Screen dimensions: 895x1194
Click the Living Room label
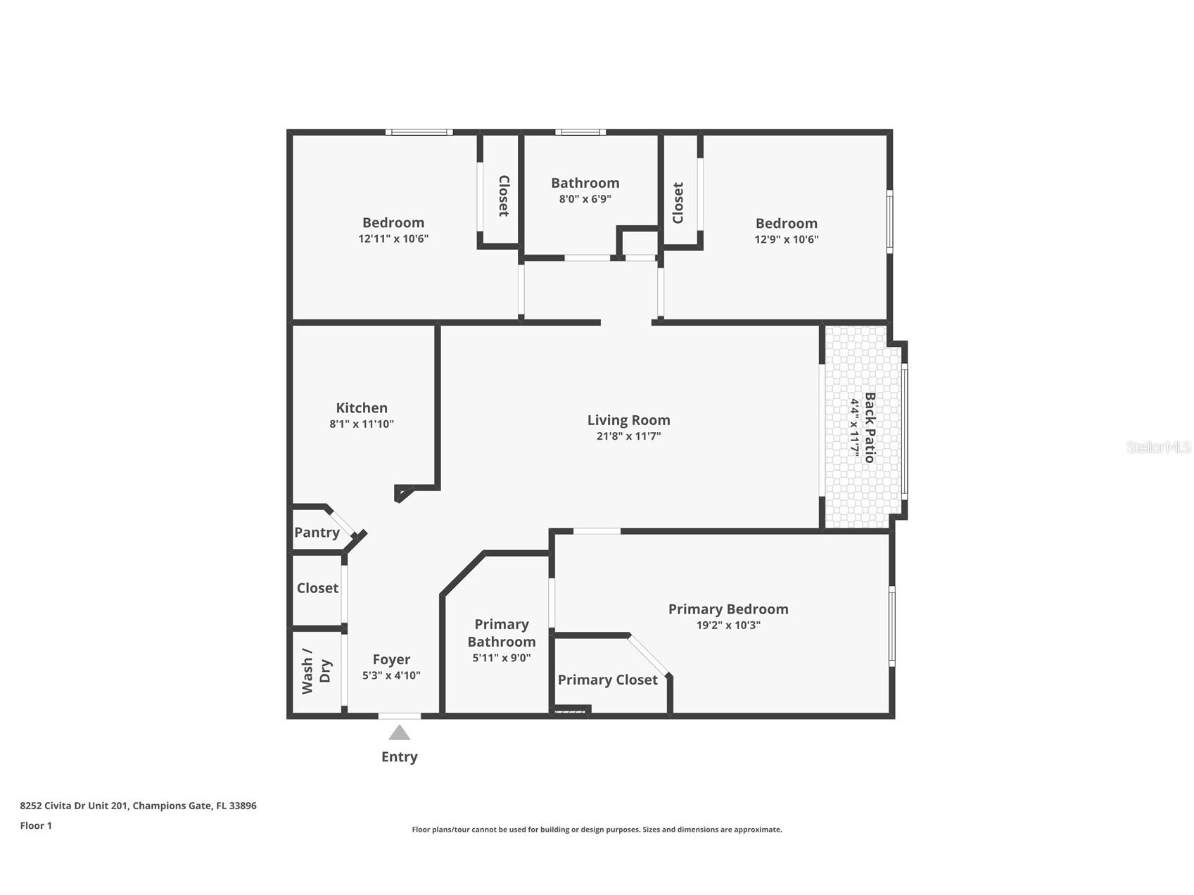pos(628,420)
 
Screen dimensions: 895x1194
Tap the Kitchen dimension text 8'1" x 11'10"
pos(362,424)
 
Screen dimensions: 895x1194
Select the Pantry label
pos(317,533)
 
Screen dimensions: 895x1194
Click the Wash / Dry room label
pos(316,671)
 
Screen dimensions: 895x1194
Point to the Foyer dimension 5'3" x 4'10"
pos(391,675)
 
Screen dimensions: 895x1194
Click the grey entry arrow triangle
pos(400,733)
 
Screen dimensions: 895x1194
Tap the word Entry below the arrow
pos(400,757)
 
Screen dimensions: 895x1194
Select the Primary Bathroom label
pos(501,633)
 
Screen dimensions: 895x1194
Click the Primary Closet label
pos(607,680)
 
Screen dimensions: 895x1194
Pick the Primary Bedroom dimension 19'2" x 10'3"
pos(728,626)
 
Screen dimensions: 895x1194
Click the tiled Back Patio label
pos(870,427)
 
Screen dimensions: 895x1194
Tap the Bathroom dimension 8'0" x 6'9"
pos(585,199)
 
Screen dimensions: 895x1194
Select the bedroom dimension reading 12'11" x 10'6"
pos(393,239)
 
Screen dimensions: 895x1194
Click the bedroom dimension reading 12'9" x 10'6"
pos(787,239)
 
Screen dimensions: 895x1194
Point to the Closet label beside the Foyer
pos(317,588)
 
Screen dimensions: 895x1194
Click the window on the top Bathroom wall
pos(580,132)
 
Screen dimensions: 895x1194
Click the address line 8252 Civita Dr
pos(138,806)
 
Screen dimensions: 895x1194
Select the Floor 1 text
pos(36,825)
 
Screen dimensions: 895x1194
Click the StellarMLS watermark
pos(1158,447)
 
